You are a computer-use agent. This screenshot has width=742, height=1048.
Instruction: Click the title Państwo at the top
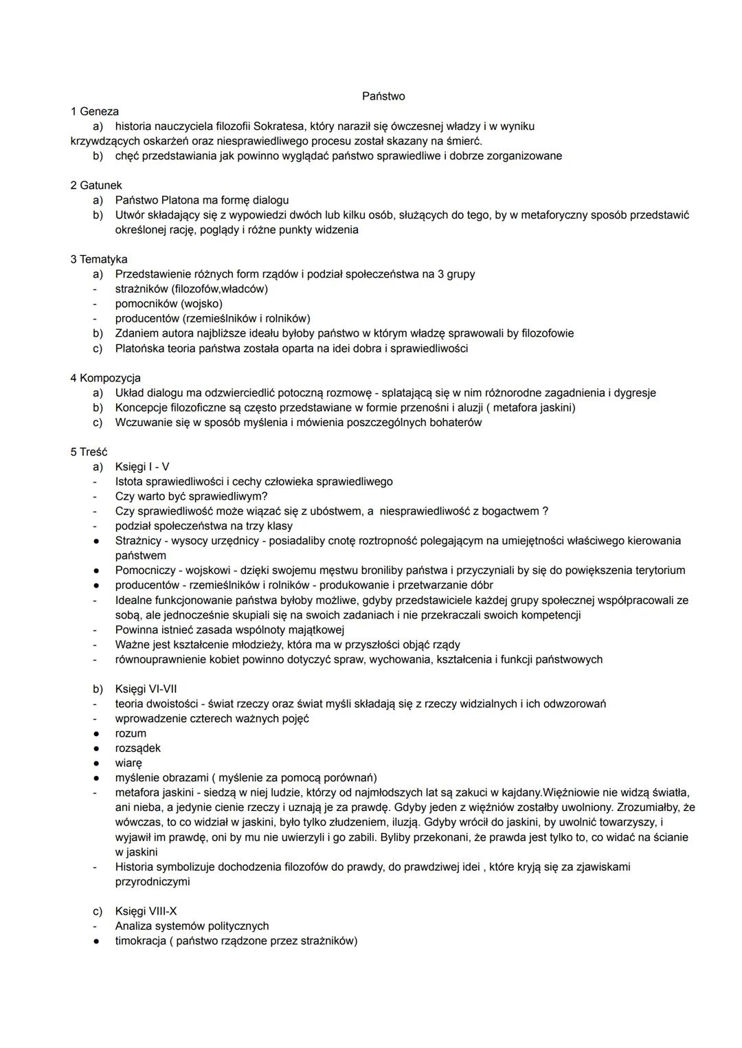click(383, 96)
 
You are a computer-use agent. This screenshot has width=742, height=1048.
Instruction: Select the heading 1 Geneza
click(94, 111)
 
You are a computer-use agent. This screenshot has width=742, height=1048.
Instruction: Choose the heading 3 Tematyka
click(98, 260)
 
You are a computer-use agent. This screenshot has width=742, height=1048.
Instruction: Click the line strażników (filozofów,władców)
click(191, 289)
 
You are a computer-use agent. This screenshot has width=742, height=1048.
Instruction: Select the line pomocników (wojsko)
click(168, 304)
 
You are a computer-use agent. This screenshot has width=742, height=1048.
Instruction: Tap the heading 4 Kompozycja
click(105, 378)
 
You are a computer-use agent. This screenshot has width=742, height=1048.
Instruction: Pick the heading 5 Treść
click(89, 452)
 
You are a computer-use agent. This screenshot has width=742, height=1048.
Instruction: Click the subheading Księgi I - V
click(142, 467)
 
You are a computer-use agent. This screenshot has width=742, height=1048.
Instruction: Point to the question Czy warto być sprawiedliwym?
click(191, 497)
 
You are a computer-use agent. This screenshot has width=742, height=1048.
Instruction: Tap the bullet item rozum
click(131, 734)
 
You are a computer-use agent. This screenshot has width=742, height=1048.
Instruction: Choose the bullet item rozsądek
click(137, 748)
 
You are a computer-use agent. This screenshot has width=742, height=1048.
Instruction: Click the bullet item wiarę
click(128, 763)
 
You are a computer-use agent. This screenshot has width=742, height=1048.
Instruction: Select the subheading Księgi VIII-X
click(146, 912)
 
